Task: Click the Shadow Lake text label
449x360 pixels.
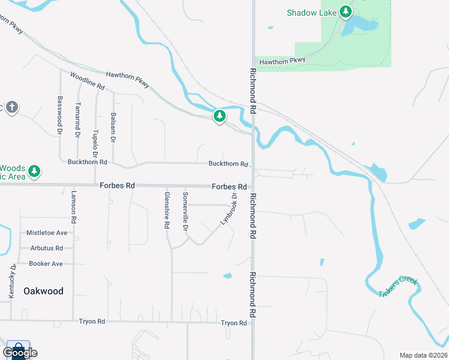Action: (x=310, y=13)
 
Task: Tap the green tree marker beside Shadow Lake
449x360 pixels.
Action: (x=345, y=11)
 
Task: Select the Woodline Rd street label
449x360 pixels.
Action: (x=88, y=81)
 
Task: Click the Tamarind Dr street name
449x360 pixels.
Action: (x=78, y=120)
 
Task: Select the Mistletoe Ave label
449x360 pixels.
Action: (x=47, y=233)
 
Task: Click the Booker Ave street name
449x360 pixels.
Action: (x=46, y=263)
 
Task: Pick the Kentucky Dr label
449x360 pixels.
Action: (x=11, y=281)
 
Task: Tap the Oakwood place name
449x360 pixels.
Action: (x=43, y=291)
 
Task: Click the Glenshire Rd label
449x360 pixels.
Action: (x=167, y=210)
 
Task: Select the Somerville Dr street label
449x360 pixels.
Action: (x=185, y=211)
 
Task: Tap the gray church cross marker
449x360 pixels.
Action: (x=12, y=108)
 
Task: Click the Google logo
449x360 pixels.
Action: (x=20, y=353)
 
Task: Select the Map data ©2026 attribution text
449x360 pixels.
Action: (x=423, y=355)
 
